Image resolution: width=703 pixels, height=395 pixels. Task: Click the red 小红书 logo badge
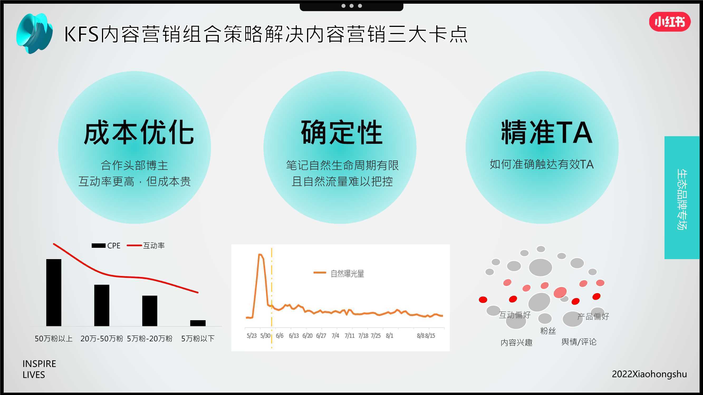(x=670, y=22)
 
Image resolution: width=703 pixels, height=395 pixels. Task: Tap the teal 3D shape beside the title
(x=34, y=33)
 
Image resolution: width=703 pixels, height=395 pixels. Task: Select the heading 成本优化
(x=139, y=132)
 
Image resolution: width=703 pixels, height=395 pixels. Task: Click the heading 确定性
(x=341, y=132)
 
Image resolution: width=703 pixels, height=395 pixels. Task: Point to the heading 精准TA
(x=546, y=132)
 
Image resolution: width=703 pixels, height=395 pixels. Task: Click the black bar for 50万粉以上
(x=54, y=293)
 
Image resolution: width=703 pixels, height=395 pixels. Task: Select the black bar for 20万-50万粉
(x=102, y=305)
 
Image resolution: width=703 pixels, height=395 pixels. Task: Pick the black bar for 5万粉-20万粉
(x=150, y=311)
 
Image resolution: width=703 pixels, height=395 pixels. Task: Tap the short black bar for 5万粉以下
(x=198, y=323)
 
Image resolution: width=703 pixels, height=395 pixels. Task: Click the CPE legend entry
(x=106, y=246)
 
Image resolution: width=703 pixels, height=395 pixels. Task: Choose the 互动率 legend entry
(x=146, y=246)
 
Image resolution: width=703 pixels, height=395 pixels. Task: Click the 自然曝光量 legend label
(x=347, y=273)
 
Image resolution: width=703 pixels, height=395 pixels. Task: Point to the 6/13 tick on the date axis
(x=294, y=335)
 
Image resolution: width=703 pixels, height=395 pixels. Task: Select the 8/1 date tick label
(x=389, y=335)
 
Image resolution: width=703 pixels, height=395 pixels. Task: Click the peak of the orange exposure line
(x=260, y=254)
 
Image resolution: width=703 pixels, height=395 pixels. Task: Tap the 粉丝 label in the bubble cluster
(x=548, y=331)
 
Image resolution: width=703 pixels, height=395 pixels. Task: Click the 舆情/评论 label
(x=579, y=342)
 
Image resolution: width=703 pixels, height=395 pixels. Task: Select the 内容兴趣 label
(x=516, y=342)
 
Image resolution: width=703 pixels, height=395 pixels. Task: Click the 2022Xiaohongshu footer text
(x=649, y=374)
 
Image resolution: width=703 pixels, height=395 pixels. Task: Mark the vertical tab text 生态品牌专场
(x=682, y=200)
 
